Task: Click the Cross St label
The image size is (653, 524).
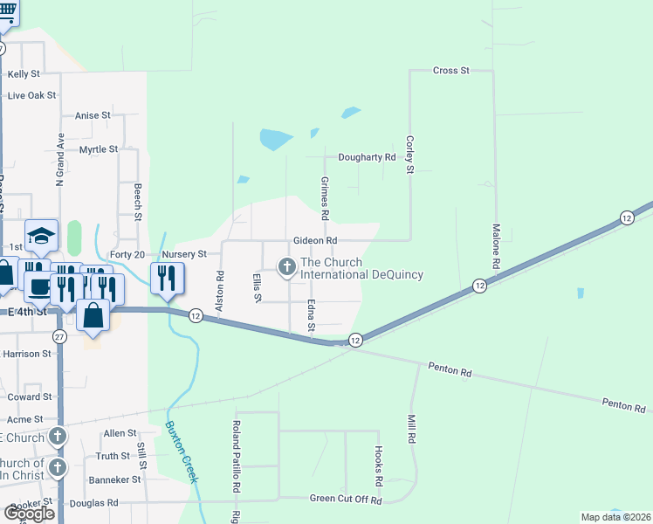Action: coord(451,70)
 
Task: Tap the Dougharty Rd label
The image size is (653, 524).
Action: coord(361,157)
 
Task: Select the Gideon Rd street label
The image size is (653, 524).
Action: coord(315,240)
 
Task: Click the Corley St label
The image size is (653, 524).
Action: coord(409,155)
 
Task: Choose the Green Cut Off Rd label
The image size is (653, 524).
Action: coord(347,499)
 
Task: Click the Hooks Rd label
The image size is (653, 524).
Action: coord(379,466)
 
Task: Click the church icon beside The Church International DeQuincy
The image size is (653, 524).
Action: coord(286,266)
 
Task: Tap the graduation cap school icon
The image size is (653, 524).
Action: coord(41,235)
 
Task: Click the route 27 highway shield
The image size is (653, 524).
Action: coord(58,336)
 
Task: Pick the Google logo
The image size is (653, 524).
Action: coord(28,514)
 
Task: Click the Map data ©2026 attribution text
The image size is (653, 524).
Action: coord(614,517)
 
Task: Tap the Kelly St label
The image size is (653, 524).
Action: coord(24,74)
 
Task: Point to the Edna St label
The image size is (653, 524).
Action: coord(311,316)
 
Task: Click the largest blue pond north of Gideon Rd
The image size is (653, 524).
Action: coord(275,139)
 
